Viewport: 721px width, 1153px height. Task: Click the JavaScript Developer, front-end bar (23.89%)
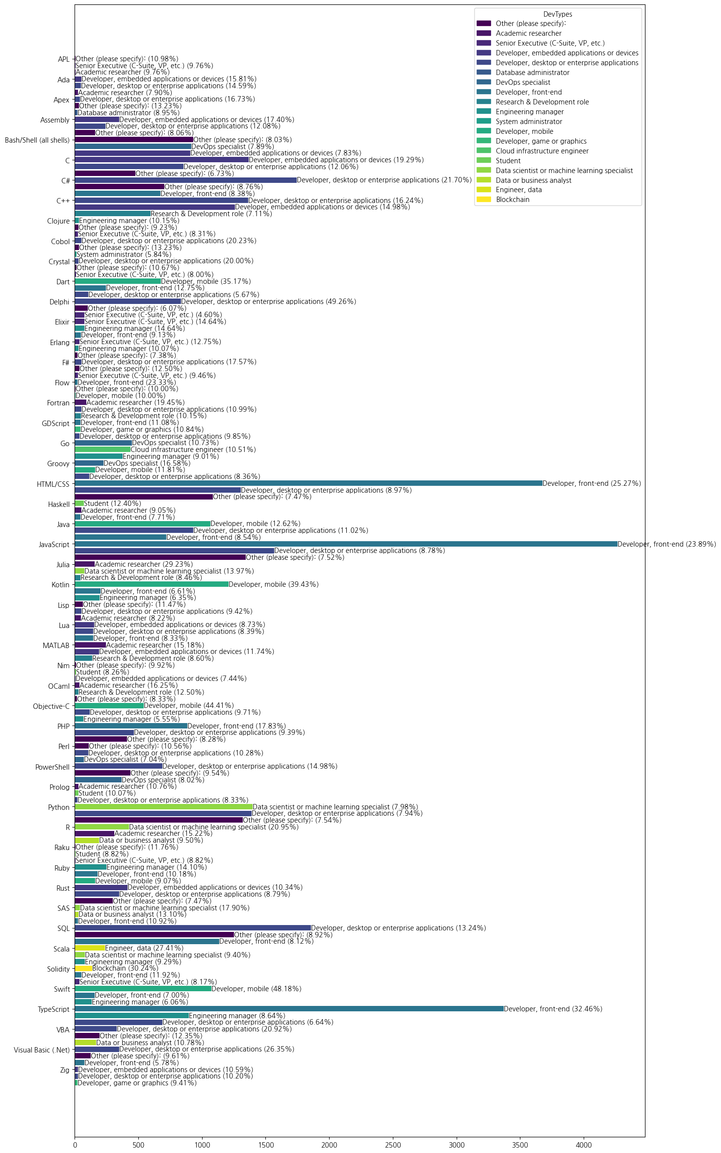346,544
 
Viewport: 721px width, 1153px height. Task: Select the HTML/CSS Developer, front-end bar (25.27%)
309,483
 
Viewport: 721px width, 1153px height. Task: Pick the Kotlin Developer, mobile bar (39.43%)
152,584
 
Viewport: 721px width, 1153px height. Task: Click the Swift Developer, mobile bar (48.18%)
143,989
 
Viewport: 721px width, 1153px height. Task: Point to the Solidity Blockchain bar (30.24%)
83,968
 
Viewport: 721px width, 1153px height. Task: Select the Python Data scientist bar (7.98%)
163,807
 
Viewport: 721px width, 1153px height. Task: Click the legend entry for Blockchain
513,200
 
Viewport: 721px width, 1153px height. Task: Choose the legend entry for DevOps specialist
523,82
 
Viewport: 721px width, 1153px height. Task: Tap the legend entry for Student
508,161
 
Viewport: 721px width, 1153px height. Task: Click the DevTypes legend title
558,14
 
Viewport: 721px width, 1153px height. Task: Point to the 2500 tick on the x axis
393,1145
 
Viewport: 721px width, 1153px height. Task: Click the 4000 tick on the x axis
584,1145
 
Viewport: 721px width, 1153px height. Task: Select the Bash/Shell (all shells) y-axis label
37,140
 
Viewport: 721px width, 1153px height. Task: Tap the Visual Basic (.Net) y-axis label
42,1050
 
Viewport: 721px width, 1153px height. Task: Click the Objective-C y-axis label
51,706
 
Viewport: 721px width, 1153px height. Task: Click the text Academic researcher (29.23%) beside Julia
144,564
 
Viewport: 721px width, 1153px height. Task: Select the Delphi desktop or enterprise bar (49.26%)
128,301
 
